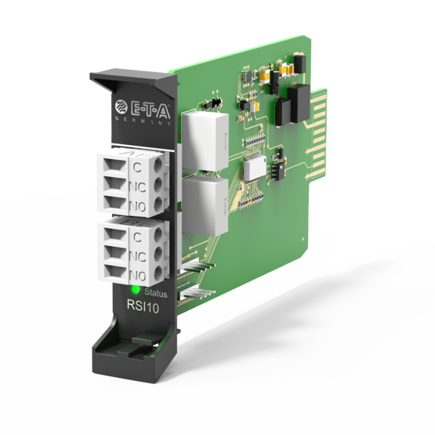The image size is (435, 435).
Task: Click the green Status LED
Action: pyautogui.click(x=136, y=290)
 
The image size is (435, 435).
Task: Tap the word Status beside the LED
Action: pyautogui.click(x=156, y=293)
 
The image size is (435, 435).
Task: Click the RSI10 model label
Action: pyautogui.click(x=143, y=306)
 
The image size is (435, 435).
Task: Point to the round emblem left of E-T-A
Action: pyautogui.click(x=121, y=107)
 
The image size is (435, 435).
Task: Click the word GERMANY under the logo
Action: pyautogui.click(x=143, y=121)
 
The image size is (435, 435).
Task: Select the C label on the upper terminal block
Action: pyautogui.click(x=137, y=167)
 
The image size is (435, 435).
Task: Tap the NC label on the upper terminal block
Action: pyautogui.click(x=138, y=187)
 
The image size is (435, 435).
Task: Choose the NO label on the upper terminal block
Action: pyautogui.click(x=138, y=206)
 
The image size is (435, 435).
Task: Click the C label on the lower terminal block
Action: pyautogui.click(x=137, y=237)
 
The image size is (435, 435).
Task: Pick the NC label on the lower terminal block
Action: pyautogui.click(x=138, y=256)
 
